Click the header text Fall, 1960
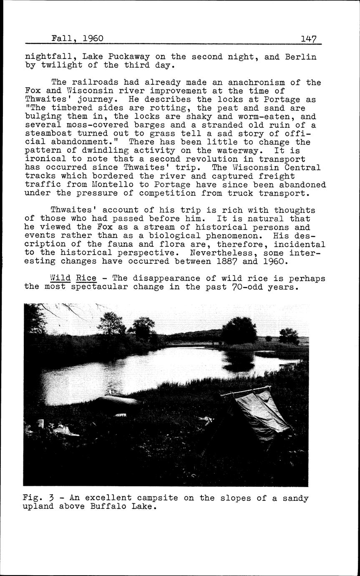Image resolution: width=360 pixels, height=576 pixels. point(77,39)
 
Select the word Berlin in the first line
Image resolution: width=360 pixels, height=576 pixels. point(301,57)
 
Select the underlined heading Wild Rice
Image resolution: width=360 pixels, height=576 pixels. point(73,278)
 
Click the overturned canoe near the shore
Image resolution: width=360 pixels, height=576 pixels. point(116,402)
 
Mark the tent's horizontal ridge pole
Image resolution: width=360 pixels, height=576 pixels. point(245,391)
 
